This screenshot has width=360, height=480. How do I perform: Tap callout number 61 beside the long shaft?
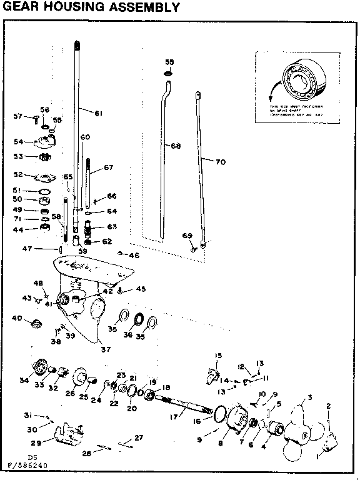click(98, 113)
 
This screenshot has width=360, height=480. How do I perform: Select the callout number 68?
click(176, 146)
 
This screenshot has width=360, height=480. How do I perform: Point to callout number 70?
click(219, 162)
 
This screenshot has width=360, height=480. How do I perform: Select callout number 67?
click(108, 167)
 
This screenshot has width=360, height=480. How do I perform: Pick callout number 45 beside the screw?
click(141, 289)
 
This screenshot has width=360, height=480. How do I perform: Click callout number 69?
click(187, 235)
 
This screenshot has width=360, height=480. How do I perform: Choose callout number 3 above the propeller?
click(309, 397)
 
